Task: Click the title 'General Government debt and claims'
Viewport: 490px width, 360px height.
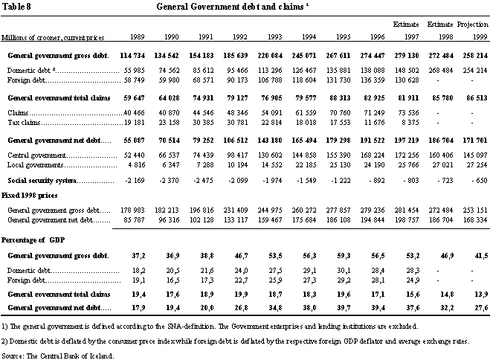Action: point(230,7)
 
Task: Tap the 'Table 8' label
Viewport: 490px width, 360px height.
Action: point(16,7)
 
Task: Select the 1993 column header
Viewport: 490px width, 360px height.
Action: point(274,37)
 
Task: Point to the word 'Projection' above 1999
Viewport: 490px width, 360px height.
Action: point(472,25)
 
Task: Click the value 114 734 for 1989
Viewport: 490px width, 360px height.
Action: point(132,56)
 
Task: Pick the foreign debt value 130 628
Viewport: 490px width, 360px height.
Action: point(407,80)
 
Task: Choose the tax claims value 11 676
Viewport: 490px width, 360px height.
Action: point(374,123)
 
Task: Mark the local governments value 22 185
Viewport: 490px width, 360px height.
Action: point(306,164)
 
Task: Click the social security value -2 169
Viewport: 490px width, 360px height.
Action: point(135,180)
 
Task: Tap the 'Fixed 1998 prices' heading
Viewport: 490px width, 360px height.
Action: point(30,196)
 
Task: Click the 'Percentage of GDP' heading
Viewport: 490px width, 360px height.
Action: point(33,240)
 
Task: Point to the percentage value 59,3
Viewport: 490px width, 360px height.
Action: point(344,256)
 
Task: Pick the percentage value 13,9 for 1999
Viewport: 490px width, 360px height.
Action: point(481,294)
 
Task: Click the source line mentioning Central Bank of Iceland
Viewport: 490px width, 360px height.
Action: point(58,356)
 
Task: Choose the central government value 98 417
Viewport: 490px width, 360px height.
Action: point(237,155)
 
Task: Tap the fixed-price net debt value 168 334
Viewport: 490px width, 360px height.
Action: point(475,220)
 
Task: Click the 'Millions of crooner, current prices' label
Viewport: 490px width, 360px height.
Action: point(53,37)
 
